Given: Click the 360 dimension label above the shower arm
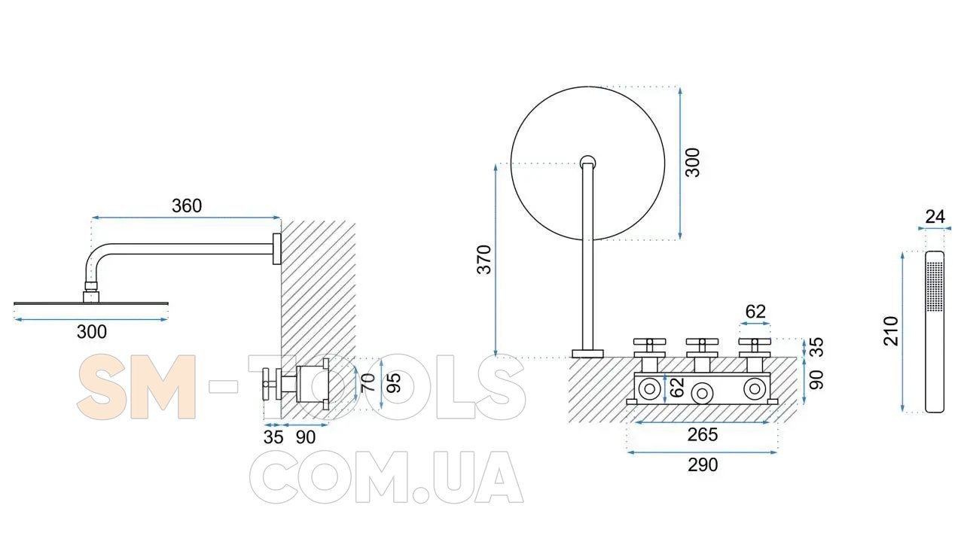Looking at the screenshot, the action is tap(187, 206).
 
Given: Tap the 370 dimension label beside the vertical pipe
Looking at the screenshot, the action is tap(484, 260).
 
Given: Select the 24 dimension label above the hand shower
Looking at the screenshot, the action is tap(935, 217).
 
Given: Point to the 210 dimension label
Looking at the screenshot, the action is tap(891, 331).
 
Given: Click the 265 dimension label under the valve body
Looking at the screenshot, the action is tap(703, 435).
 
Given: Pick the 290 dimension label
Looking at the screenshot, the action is tap(703, 465).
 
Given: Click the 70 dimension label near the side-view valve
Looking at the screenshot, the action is tap(368, 383).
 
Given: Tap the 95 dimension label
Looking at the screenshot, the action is tap(394, 383).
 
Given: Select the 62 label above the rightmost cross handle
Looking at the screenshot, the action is tap(755, 312).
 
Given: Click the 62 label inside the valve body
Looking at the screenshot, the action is tap(677, 388).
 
